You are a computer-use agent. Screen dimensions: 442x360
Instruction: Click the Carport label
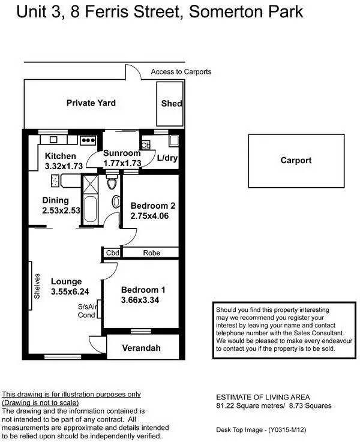point(296,161)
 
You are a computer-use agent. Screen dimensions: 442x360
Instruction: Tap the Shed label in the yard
point(172,104)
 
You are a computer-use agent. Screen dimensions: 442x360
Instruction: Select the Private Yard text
point(91,103)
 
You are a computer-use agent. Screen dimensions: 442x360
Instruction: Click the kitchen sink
point(53,140)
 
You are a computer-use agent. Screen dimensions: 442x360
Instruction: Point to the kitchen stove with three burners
point(88,140)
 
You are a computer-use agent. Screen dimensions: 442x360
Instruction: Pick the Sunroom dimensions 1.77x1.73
point(122,163)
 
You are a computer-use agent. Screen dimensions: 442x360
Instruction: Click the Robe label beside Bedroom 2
point(151,253)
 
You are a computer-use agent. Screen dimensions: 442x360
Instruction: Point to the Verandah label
point(142,348)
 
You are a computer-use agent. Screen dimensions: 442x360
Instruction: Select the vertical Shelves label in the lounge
point(37,287)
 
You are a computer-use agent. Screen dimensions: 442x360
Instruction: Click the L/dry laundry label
point(167,158)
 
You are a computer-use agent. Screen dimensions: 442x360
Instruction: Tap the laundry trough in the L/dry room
point(173,141)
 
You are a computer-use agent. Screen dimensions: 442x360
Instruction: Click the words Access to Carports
point(181,72)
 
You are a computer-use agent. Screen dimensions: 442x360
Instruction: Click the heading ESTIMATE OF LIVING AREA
point(263,397)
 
